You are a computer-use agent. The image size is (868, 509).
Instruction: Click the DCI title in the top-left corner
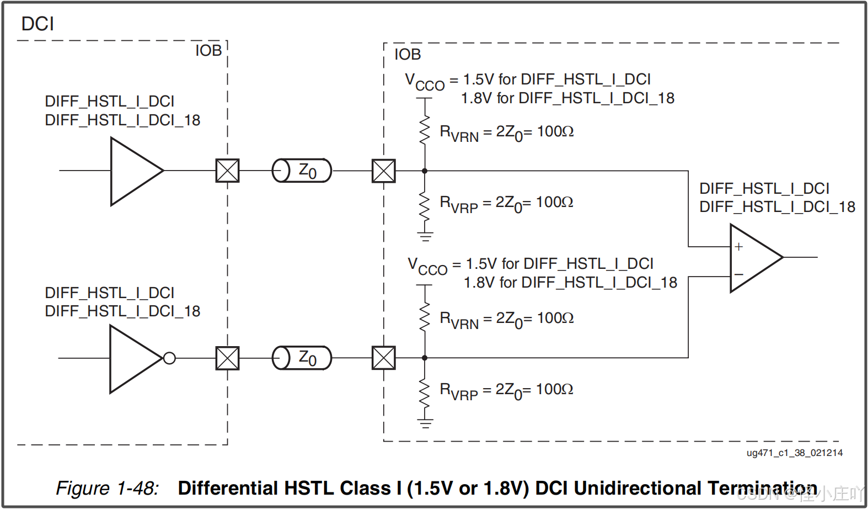click(37, 24)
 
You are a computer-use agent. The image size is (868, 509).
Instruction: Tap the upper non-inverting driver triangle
click(132, 171)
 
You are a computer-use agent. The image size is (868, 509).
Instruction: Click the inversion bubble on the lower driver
click(169, 358)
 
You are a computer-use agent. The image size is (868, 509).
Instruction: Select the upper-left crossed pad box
click(227, 171)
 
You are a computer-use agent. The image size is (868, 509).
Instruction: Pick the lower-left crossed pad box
click(227, 358)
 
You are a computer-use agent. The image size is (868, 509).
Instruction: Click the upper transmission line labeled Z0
click(302, 171)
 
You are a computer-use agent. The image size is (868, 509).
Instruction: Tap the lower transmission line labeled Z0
click(302, 358)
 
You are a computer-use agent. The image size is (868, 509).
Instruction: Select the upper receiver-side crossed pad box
click(384, 171)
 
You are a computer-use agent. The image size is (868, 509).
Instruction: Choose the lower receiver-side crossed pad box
click(384, 358)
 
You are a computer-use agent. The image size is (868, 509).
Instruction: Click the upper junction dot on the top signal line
click(425, 171)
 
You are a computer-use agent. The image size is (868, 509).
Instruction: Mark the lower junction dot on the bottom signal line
click(425, 358)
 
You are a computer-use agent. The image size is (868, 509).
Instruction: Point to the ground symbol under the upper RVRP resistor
click(425, 237)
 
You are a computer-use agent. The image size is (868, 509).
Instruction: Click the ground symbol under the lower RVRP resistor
click(425, 424)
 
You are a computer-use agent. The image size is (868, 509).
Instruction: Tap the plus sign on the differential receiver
click(739, 247)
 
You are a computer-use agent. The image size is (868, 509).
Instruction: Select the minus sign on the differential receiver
click(739, 274)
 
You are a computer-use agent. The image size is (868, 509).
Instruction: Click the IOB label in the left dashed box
click(208, 51)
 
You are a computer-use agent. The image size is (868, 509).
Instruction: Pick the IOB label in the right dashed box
click(408, 55)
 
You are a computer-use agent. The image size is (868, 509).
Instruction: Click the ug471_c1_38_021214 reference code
click(794, 453)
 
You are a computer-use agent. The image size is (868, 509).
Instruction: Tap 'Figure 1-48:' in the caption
click(107, 488)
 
